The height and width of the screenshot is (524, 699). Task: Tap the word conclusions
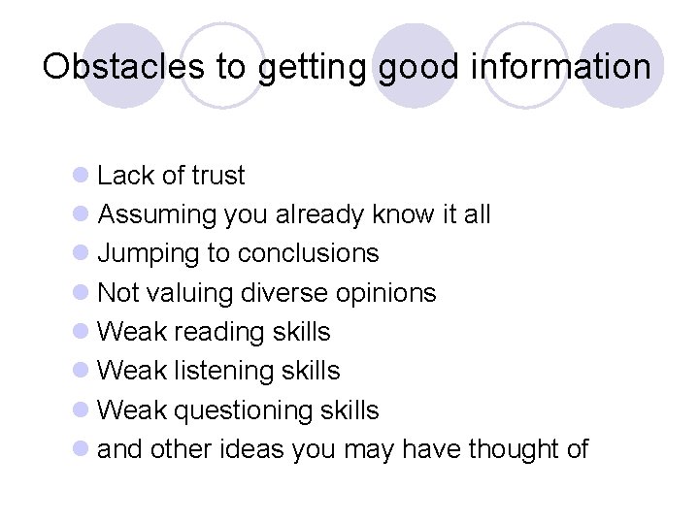click(308, 253)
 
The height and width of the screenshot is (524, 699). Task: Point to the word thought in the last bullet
click(514, 449)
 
